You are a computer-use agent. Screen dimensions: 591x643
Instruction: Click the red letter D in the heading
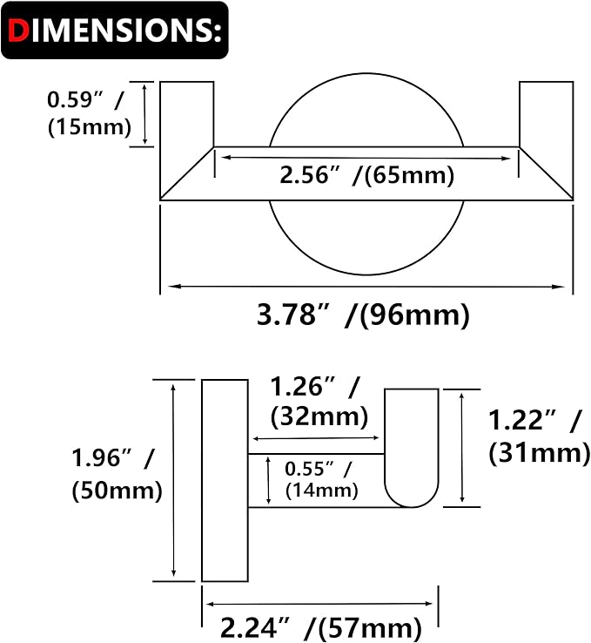[x=18, y=30]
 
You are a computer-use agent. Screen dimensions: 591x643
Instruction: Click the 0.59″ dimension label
[x=85, y=99]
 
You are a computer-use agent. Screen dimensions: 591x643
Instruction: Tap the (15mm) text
[x=90, y=127]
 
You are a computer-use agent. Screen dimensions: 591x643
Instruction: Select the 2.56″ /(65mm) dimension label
[x=367, y=176]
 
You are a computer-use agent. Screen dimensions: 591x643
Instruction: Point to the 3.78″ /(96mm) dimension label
[x=363, y=315]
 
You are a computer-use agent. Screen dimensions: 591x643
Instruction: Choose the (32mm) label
[x=319, y=417]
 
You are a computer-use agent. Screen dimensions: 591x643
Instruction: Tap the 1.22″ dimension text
[x=535, y=420]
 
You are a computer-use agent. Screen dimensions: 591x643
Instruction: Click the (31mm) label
[x=540, y=454]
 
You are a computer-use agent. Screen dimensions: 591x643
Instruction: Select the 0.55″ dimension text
[x=319, y=469]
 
